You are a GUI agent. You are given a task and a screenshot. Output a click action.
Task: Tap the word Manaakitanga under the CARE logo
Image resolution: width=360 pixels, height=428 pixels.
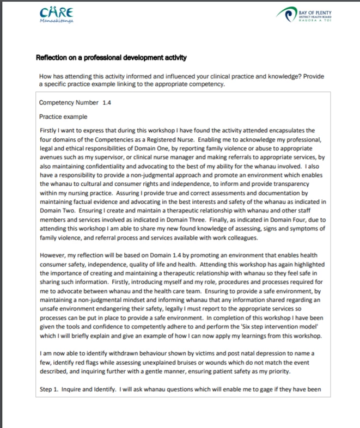pyautogui.click(x=56, y=21)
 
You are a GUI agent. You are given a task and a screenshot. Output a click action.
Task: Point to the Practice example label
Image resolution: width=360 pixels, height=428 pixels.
pyautogui.click(x=63, y=117)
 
